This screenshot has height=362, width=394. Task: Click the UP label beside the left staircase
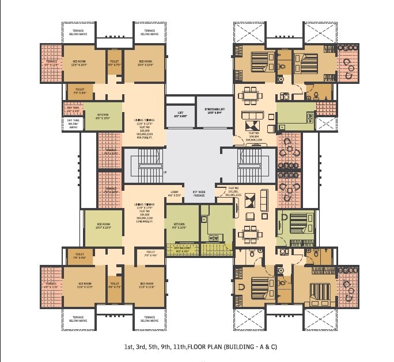[x=166, y=172]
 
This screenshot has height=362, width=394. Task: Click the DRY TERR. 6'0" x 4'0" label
[x=73, y=109]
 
